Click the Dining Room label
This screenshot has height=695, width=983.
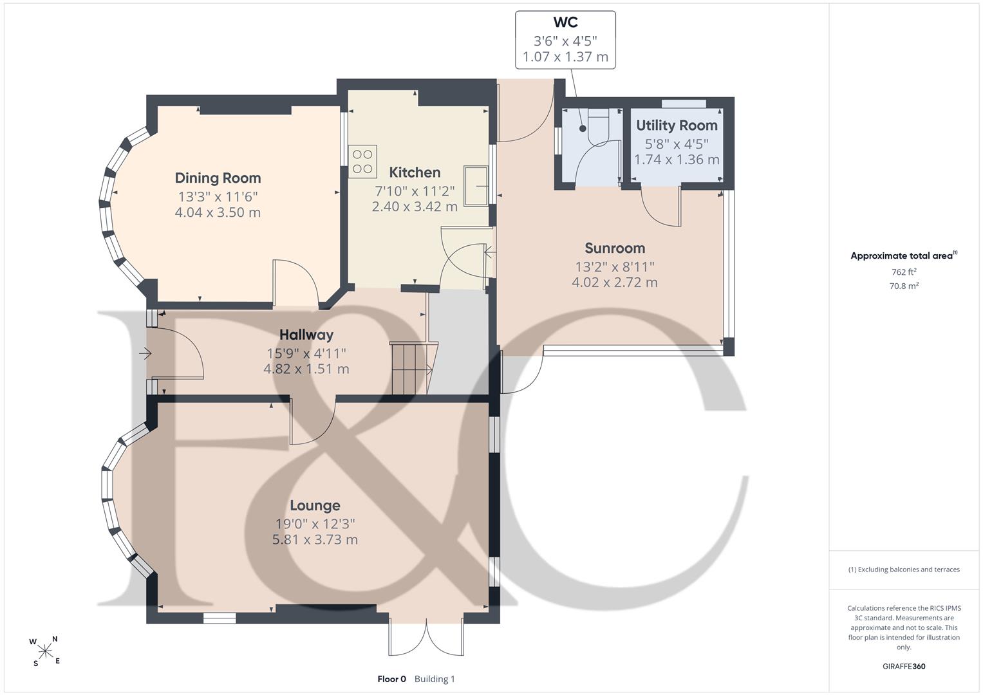(x=218, y=178)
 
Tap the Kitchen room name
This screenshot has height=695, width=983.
(x=415, y=172)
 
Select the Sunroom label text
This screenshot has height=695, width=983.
(x=615, y=248)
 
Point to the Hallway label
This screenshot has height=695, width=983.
(x=306, y=335)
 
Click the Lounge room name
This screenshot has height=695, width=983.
(x=315, y=505)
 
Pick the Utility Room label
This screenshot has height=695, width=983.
(x=677, y=125)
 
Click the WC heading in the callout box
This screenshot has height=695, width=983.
(x=565, y=22)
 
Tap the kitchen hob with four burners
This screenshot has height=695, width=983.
(x=363, y=161)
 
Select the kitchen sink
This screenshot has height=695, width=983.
(x=476, y=186)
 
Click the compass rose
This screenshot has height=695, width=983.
(x=45, y=651)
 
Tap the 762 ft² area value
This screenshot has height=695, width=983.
(x=904, y=272)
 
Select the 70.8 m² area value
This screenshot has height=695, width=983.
(x=904, y=286)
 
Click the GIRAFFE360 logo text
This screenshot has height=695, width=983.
(x=904, y=666)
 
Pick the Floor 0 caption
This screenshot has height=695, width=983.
(x=391, y=679)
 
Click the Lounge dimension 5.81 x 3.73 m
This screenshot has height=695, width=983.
(x=315, y=539)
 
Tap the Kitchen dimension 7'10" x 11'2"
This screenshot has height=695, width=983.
(x=415, y=191)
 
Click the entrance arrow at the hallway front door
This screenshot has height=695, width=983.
(x=145, y=353)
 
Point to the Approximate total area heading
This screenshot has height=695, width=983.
(x=904, y=255)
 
